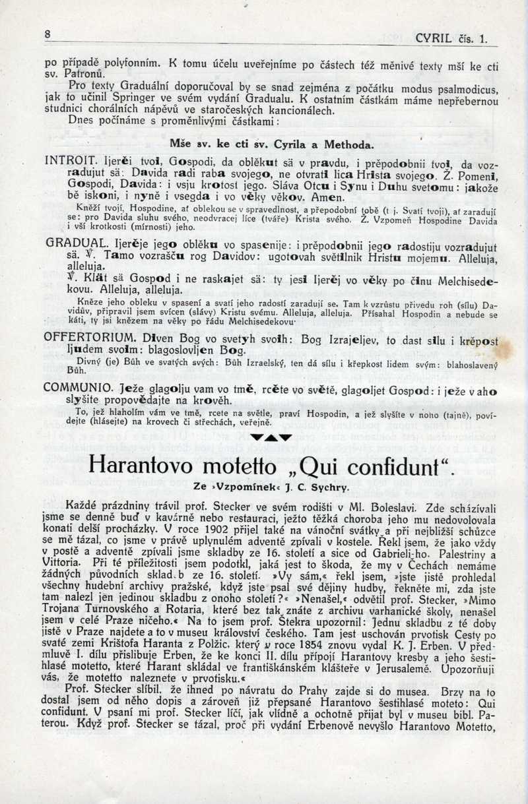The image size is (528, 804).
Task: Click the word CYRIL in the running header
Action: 434,39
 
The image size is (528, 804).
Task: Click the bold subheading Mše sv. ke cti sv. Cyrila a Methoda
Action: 271,144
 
